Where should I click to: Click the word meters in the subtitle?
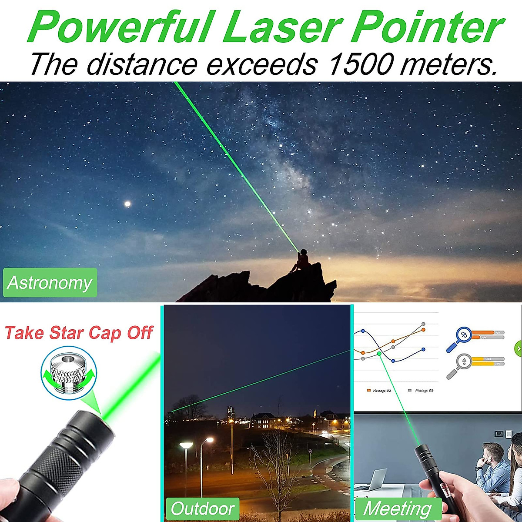click(x=448, y=64)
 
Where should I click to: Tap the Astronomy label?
click(x=50, y=283)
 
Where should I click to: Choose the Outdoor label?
click(x=203, y=509)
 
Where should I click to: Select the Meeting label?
click(x=397, y=509)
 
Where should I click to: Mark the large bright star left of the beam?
click(x=127, y=204)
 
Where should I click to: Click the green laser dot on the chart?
click(x=379, y=354)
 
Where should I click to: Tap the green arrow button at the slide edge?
click(x=518, y=348)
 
